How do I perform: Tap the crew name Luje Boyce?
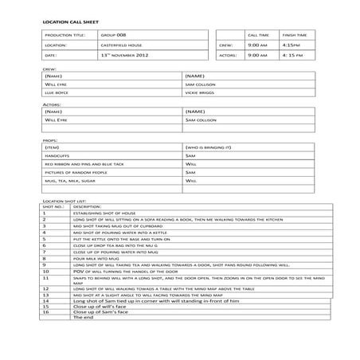[57, 92]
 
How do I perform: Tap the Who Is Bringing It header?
[208, 148]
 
